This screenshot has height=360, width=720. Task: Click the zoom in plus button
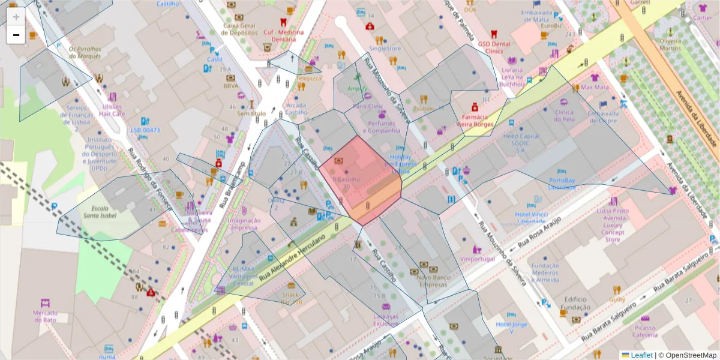tap(16, 17)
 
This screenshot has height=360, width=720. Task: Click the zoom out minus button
tap(16, 35)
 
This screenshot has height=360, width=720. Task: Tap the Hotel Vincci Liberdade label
tap(531, 218)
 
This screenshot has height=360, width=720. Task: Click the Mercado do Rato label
tap(45, 316)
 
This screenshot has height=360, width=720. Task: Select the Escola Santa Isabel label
tap(100, 211)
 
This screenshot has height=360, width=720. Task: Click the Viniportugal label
tap(478, 259)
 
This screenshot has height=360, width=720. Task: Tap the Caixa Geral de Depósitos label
tap(239, 29)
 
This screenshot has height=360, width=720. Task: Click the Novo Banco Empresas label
tap(433, 281)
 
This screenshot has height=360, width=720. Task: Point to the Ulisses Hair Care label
tap(112, 109)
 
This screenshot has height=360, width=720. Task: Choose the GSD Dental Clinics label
tap(494, 47)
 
